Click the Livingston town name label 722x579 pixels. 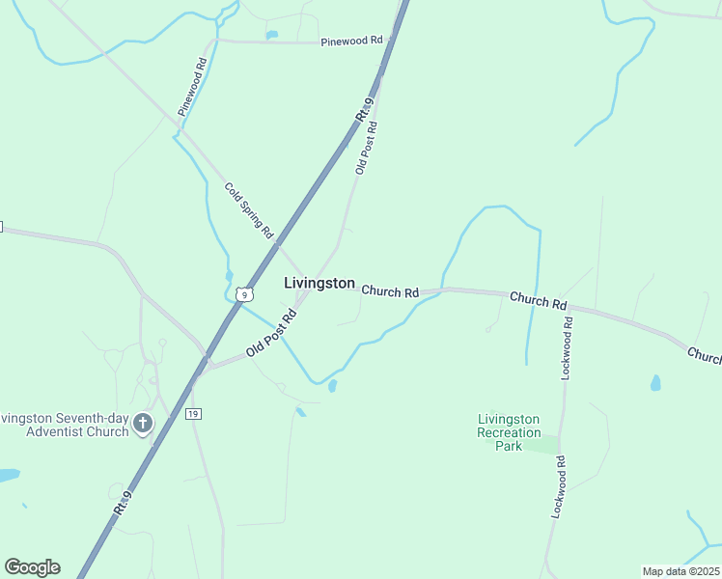click(319, 284)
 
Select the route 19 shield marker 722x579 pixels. click(193, 413)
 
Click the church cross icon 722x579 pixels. click(143, 423)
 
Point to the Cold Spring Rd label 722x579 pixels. click(249, 211)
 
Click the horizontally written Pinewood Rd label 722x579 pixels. click(352, 41)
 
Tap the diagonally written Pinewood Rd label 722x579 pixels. click(193, 87)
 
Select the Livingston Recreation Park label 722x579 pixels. click(509, 432)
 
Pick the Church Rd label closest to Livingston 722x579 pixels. click(390, 290)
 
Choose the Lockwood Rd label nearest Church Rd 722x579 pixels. click(569, 345)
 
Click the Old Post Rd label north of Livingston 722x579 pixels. click(366, 147)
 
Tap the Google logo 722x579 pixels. click(32, 567)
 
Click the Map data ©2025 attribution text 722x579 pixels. click(680, 571)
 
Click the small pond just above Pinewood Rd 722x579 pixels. click(272, 36)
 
